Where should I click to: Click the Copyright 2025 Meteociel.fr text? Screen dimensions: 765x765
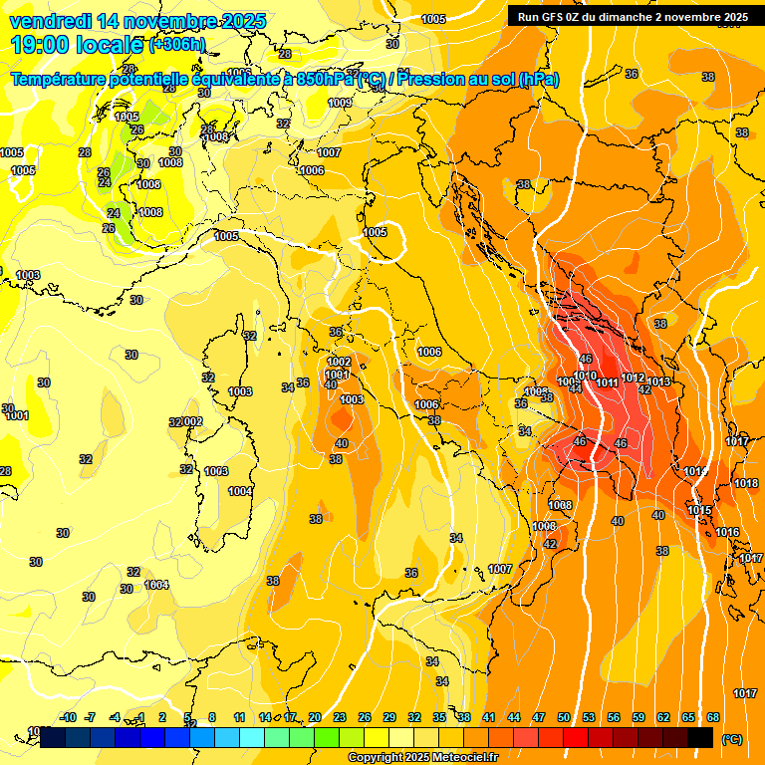422,758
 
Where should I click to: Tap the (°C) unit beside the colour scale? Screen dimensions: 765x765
731,738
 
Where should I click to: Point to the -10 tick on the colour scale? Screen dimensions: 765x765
68,717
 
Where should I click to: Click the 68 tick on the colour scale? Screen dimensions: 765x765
713,717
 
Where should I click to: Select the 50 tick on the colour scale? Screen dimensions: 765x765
564,717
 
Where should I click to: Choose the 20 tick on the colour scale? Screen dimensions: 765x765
315,717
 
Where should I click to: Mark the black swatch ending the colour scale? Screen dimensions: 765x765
700,737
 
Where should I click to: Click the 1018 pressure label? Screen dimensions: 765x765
746,483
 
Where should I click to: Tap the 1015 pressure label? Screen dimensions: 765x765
699,510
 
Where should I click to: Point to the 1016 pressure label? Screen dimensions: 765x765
727,533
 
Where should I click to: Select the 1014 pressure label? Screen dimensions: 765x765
695,471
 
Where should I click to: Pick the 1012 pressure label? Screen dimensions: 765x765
633,378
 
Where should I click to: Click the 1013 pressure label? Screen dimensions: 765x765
658,382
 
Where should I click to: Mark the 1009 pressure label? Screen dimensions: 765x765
341,103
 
